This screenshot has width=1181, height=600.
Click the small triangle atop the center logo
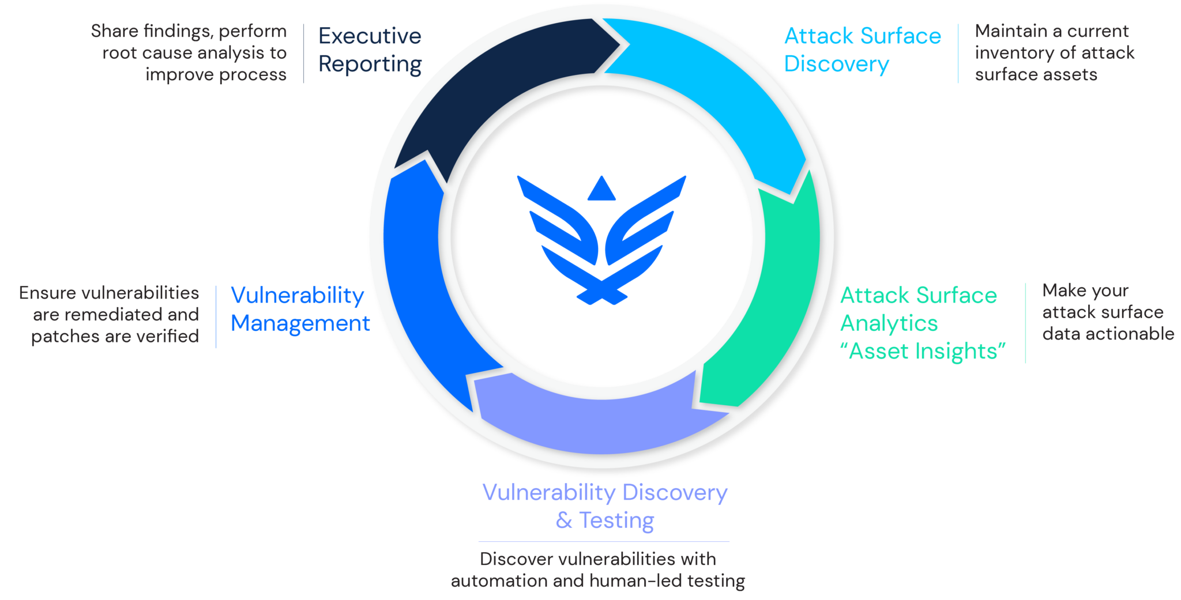pos(601,188)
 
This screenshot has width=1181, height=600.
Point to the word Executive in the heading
pos(370,36)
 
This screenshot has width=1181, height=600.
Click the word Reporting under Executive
pos(370,65)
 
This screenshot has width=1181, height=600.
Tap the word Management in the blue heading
pos(300,323)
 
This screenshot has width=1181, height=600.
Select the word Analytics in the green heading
pos(889,324)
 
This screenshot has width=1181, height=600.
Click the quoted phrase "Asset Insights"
pos(923,351)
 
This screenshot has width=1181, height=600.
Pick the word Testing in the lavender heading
pos(616,520)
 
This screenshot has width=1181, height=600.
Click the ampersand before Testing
pos(564,520)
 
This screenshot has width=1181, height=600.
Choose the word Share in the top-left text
pos(114,31)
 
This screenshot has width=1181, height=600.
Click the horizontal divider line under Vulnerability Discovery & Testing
pos(604,541)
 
